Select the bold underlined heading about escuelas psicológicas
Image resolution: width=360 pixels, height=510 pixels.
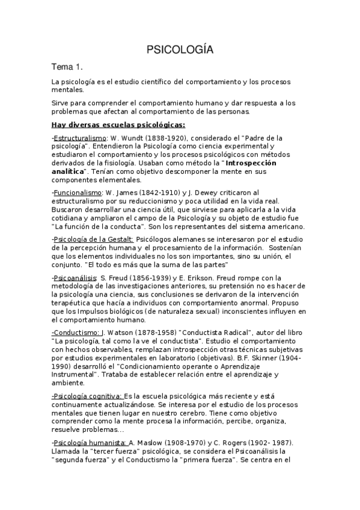118,125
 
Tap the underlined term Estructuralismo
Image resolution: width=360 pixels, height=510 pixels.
77,138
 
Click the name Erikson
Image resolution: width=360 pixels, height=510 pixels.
222,278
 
